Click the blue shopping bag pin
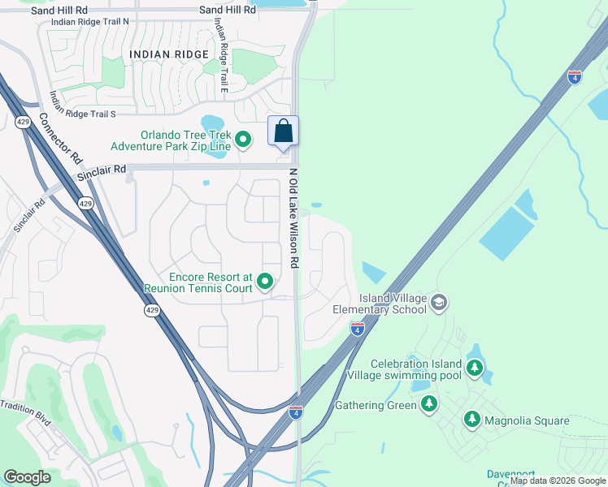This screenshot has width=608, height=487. tap(283, 131)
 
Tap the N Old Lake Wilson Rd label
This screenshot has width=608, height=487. tap(294, 219)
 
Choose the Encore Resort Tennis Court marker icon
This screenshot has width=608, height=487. tap(265, 282)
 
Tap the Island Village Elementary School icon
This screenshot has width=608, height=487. tap(439, 304)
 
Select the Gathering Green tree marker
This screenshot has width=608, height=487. tap(429, 404)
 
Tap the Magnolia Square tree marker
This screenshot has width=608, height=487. tap(471, 420)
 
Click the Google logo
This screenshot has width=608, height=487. tap(28, 477)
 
